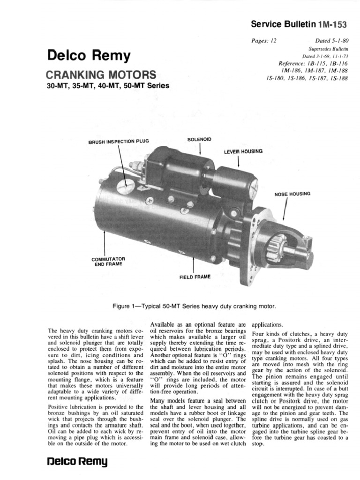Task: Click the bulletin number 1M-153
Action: point(333,23)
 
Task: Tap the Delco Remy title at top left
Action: point(88,56)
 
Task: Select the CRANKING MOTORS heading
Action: point(101,75)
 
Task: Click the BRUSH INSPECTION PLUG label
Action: point(118,141)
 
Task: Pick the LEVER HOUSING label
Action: point(243,151)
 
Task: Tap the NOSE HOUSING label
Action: point(292,194)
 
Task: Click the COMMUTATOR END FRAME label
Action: point(107,261)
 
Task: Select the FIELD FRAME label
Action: point(195,277)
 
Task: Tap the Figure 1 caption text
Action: point(194,306)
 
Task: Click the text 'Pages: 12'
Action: point(264,41)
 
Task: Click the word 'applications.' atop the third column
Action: point(268,324)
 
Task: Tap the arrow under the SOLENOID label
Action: point(200,149)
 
